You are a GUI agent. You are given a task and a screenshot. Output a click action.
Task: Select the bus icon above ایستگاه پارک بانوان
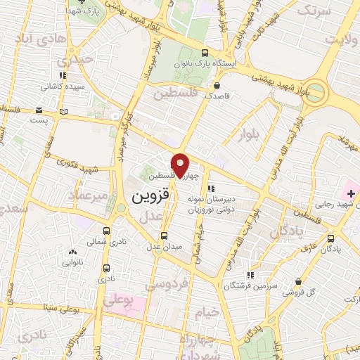[x=205, y=53]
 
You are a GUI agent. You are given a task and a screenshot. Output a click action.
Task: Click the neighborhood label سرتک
[x=315, y=12]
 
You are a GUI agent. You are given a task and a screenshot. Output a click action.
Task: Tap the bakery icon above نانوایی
[x=72, y=252]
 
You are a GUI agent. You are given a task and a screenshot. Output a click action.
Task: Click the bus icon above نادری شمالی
[x=106, y=231]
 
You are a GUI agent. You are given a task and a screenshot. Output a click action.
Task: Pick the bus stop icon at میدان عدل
[x=164, y=235]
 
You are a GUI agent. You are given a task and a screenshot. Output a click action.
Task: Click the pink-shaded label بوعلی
[x=117, y=300]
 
